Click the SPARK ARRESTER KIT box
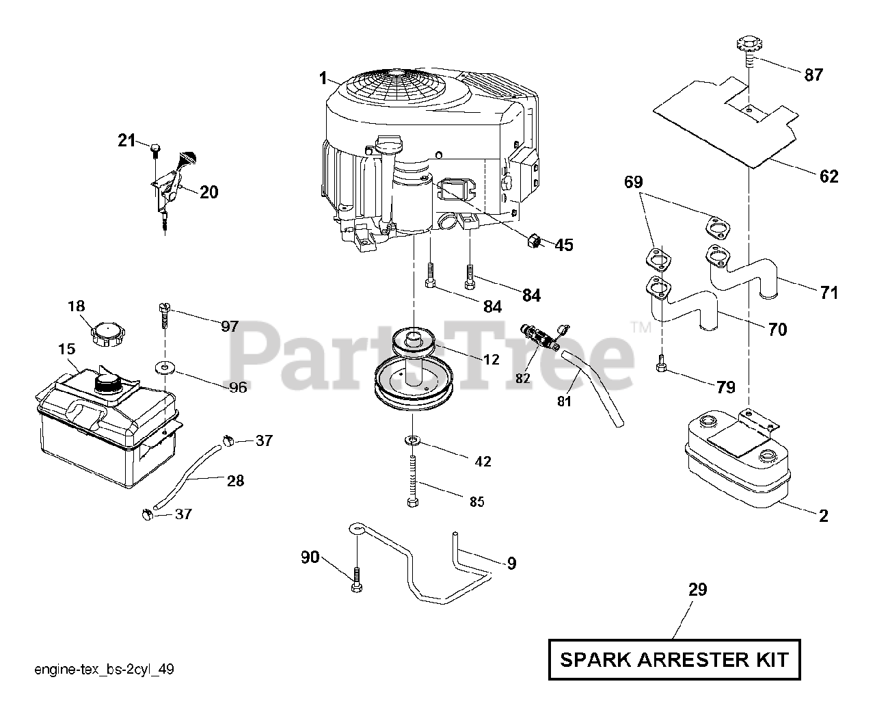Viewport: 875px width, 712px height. tap(674, 660)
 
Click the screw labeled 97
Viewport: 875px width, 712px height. tap(164, 314)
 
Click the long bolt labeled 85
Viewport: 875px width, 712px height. tap(413, 482)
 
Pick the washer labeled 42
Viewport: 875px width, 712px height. tap(413, 440)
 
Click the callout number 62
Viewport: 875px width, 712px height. tap(829, 177)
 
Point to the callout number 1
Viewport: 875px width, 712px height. tap(323, 79)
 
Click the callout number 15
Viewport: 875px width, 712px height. tap(66, 350)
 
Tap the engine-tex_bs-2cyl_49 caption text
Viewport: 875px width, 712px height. tap(104, 670)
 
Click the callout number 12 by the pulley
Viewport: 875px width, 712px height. tap(491, 360)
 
